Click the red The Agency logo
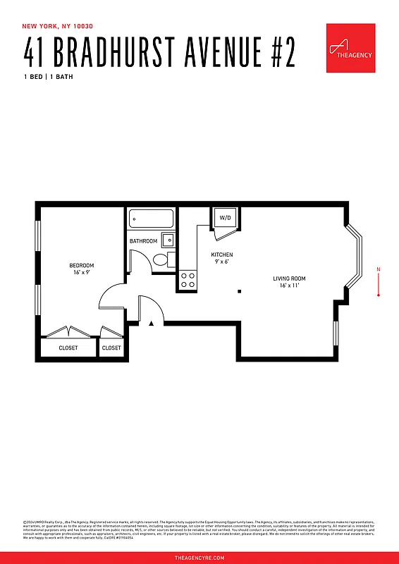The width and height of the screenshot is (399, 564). tap(350, 48)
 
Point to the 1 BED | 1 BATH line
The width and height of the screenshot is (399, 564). tap(48, 76)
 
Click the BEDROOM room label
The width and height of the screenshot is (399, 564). tap(80, 264)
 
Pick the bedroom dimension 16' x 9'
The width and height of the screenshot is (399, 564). tap(80, 272)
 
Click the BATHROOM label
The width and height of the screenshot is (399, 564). tap(143, 241)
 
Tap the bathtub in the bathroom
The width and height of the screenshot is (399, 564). tap(152, 219)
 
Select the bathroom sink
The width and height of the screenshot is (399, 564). tap(168, 240)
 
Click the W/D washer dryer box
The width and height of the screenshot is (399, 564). tap(225, 218)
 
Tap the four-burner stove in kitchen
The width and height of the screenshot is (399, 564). tap(188, 280)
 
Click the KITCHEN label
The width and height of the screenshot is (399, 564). tap(222, 255)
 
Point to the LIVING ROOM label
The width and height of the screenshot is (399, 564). tap(289, 278)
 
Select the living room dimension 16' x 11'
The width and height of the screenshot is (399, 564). tap(289, 286)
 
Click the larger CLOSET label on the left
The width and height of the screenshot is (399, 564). tap(68, 348)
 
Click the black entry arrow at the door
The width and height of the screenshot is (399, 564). tap(152, 324)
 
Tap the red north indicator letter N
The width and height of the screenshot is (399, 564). tap(379, 269)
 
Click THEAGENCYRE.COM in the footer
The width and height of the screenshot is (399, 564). tap(199, 557)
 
